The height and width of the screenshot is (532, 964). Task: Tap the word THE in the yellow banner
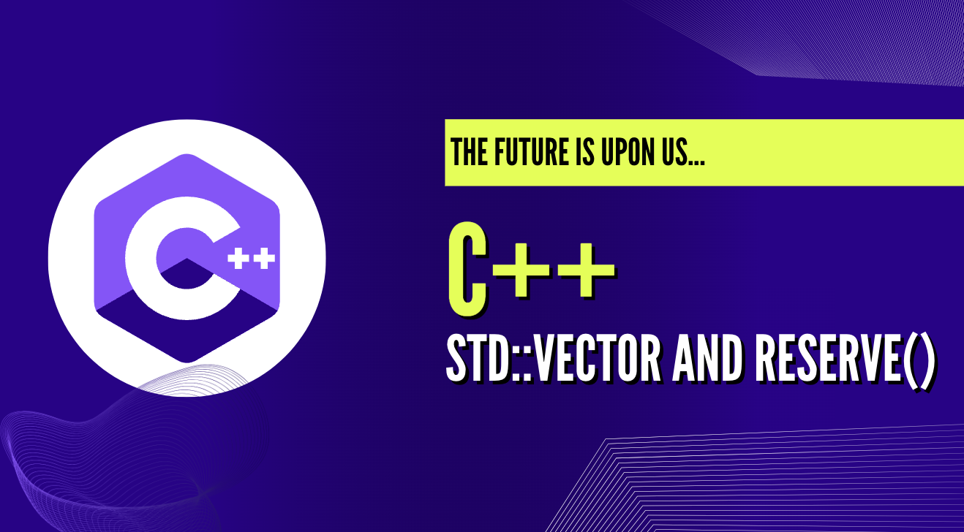467,152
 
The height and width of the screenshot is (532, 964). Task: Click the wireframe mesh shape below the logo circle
88,453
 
